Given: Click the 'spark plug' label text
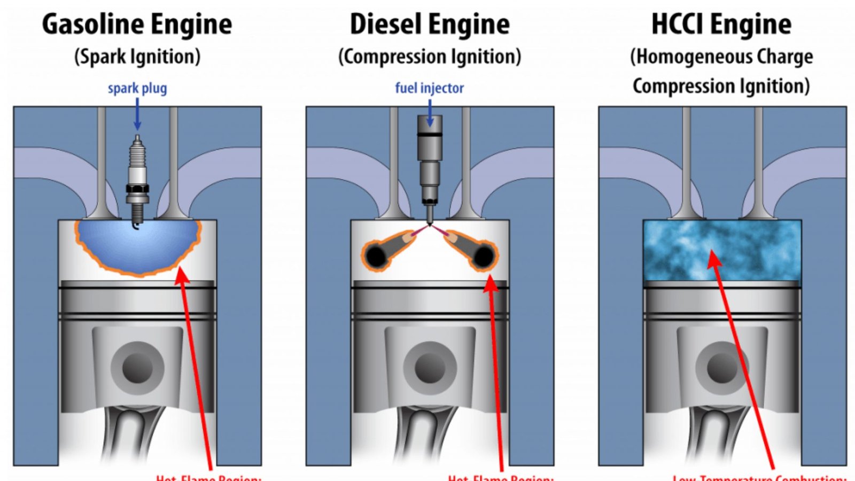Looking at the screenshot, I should (x=137, y=88).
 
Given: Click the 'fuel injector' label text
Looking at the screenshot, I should (x=429, y=88).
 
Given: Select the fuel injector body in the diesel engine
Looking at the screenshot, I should (x=429, y=160).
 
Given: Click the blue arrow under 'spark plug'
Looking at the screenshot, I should (x=137, y=115).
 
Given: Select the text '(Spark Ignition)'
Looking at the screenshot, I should (x=137, y=57).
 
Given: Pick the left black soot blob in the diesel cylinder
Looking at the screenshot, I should (x=376, y=257).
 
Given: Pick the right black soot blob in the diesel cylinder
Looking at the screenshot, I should (x=484, y=257).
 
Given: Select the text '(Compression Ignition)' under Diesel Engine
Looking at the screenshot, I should (x=430, y=57).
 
